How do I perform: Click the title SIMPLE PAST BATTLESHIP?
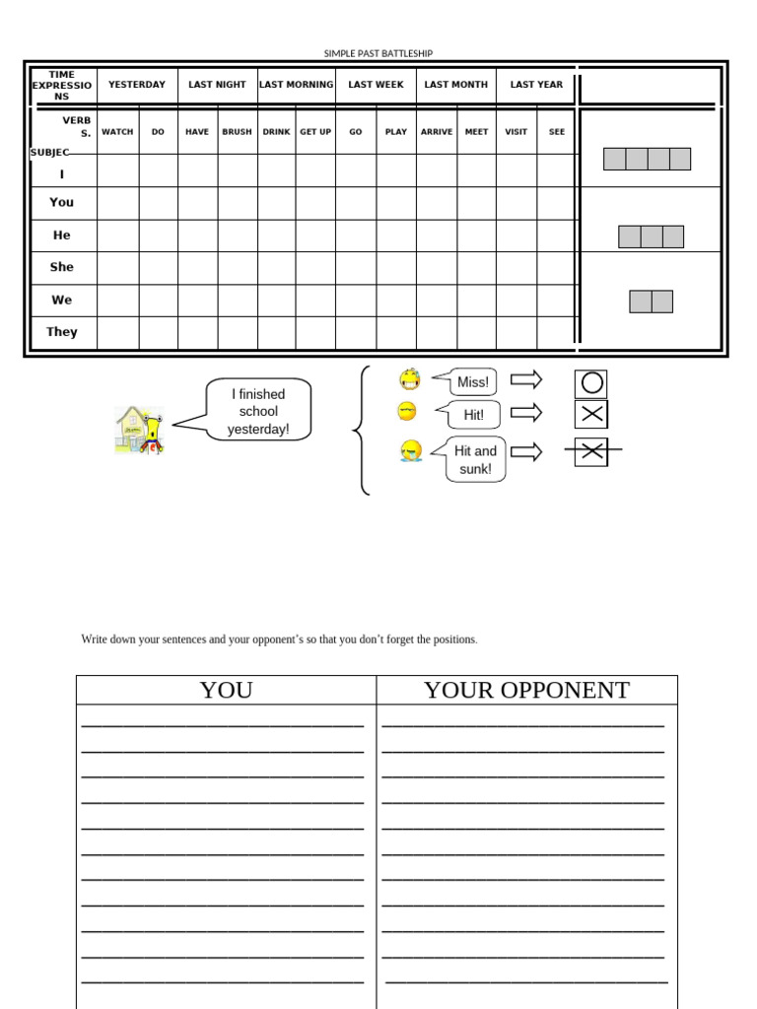pos(378,53)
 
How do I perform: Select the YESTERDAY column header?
pos(137,85)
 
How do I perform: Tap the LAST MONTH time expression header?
pos(455,85)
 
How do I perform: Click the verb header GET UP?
pos(315,132)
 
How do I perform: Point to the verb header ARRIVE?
pos(437,132)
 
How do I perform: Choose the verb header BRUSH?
pos(237,132)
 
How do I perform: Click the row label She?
pos(61,267)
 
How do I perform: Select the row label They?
pos(61,332)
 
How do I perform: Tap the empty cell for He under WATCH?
pos(117,235)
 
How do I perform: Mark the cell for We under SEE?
pos(557,301)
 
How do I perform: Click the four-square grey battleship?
pos(647,159)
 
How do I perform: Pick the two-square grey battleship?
pos(651,302)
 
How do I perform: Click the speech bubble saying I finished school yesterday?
pos(258,411)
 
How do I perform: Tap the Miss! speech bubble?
pos(472,382)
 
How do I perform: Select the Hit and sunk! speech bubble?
pos(475,460)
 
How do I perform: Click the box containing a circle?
pos(590,383)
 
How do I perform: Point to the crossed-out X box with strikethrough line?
pos(591,451)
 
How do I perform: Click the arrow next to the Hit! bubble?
pos(526,413)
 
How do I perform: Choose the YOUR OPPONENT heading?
pos(526,691)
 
